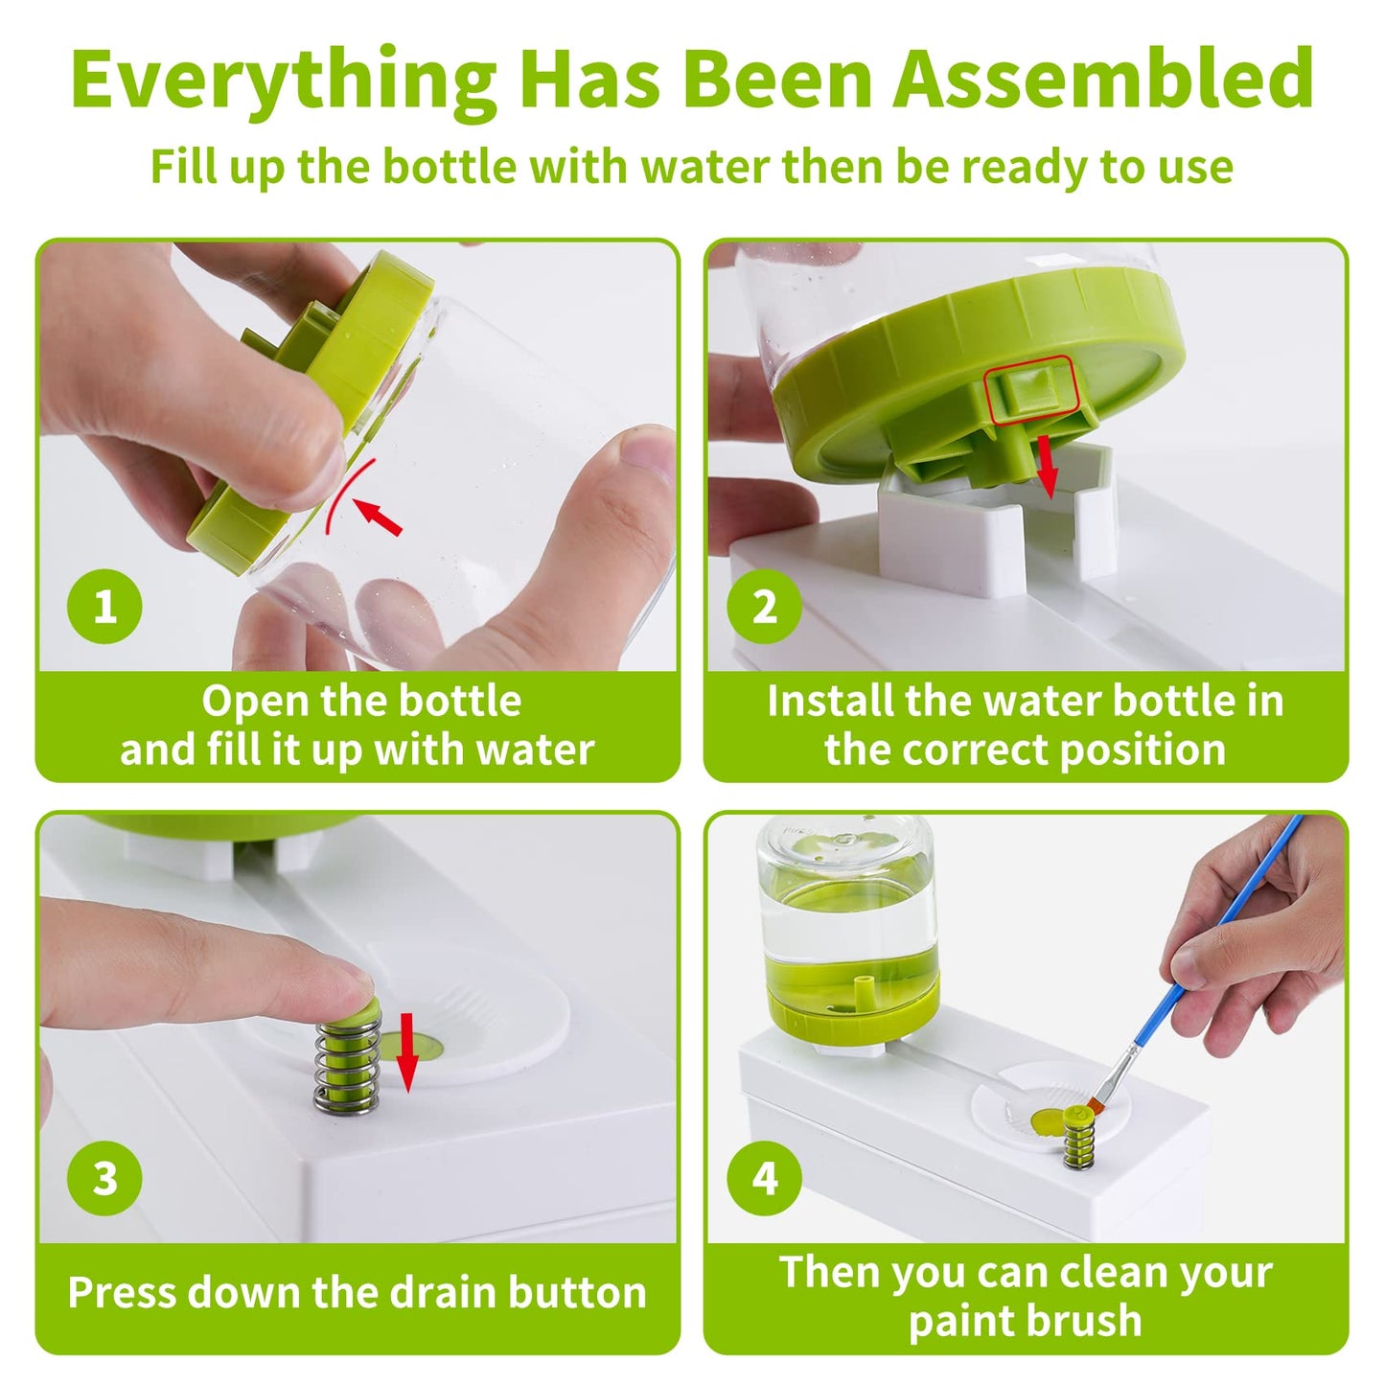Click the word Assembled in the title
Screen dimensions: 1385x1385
(x=1102, y=79)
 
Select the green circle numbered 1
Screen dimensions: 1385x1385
(x=104, y=606)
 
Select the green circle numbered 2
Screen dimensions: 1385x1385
(x=764, y=606)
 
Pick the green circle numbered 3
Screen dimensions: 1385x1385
(x=104, y=1178)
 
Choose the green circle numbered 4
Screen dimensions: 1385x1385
(x=764, y=1178)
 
